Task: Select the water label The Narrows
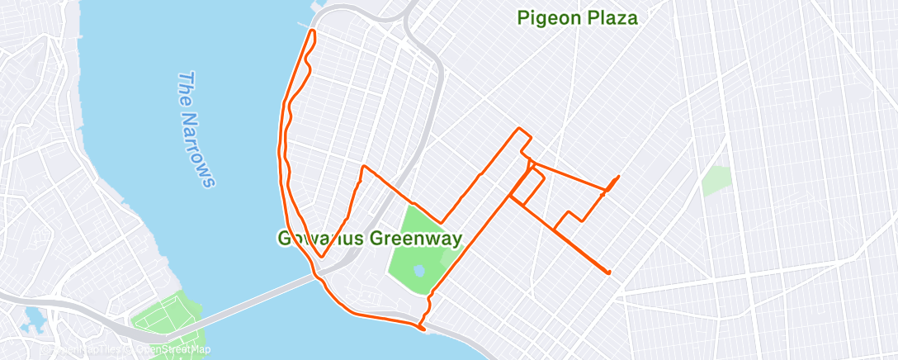[x=196, y=128]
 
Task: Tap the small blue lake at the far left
[x=35, y=315]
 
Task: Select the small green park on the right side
[x=716, y=180]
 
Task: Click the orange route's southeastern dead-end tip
[x=609, y=272]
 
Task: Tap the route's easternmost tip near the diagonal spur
[x=619, y=176]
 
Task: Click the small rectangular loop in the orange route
[x=525, y=187]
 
